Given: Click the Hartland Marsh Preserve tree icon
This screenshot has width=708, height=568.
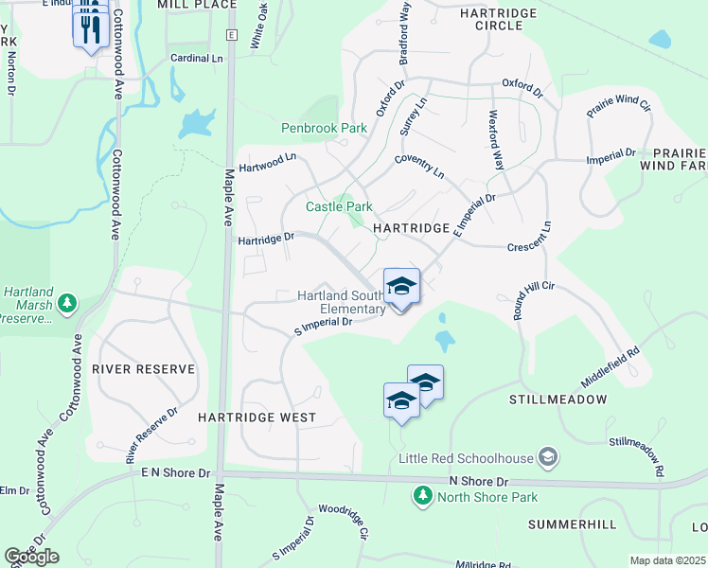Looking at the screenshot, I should point(67,303).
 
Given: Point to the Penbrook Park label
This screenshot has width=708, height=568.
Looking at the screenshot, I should point(324,128).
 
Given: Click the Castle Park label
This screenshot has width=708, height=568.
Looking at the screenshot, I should point(339,206).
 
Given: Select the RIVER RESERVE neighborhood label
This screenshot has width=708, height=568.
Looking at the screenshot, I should point(144,369).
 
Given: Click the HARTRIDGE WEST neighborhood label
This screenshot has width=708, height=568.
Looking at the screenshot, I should point(257,417).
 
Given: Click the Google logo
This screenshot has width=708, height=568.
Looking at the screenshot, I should point(31,557).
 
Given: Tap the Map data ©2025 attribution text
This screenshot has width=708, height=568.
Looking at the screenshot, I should point(667,560).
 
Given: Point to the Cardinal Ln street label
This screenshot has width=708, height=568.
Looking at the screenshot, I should point(196,58).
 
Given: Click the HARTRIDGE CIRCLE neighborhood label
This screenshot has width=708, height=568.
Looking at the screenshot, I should point(498,19).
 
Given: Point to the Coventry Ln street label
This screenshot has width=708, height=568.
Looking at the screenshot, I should point(419,167).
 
